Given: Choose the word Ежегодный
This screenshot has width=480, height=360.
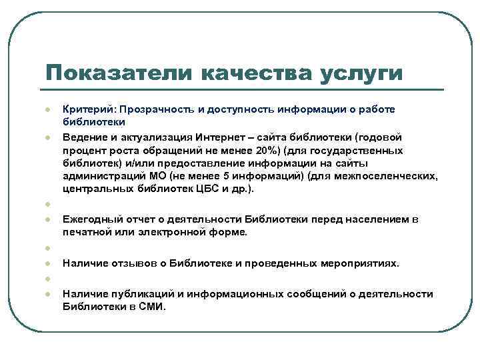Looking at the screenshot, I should [x=90, y=219].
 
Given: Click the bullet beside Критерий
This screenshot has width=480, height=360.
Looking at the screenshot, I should [x=49, y=109].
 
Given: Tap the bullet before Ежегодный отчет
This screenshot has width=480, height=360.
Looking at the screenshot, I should [x=49, y=219].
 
